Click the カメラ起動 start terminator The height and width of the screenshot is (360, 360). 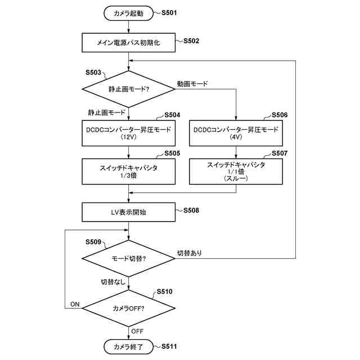pyautogui.click(x=128, y=13)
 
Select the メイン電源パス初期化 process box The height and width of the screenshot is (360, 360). pyautogui.click(x=129, y=43)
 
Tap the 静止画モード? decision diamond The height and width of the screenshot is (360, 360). pyautogui.click(x=129, y=89)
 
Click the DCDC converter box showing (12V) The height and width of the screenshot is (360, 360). pyautogui.click(x=129, y=133)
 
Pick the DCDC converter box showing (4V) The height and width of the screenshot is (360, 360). pyautogui.click(x=236, y=133)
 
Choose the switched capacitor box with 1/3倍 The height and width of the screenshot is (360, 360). pyautogui.click(x=129, y=172)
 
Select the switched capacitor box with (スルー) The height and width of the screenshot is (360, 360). pyautogui.click(x=236, y=172)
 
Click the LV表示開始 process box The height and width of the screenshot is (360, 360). pyautogui.click(x=129, y=212)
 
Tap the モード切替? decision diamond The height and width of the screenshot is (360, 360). pyautogui.click(x=129, y=259)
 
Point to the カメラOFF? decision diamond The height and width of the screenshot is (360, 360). pyautogui.click(x=129, y=308)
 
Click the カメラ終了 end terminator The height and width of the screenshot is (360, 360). pyautogui.click(x=128, y=346)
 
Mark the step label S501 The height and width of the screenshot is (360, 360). pyautogui.click(x=169, y=12)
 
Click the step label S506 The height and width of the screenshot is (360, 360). pyautogui.click(x=280, y=115)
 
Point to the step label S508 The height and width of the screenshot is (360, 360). pyautogui.click(x=191, y=210)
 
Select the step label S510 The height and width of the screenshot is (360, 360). pyautogui.click(x=164, y=291)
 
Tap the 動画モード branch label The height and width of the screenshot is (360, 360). pyautogui.click(x=192, y=84)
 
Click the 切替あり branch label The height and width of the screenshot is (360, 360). pyautogui.click(x=190, y=253)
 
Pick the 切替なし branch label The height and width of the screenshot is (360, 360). pyautogui.click(x=113, y=282)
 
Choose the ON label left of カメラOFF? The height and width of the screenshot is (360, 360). pyautogui.click(x=75, y=304)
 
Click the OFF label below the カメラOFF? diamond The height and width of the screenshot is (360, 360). pyautogui.click(x=137, y=331)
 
